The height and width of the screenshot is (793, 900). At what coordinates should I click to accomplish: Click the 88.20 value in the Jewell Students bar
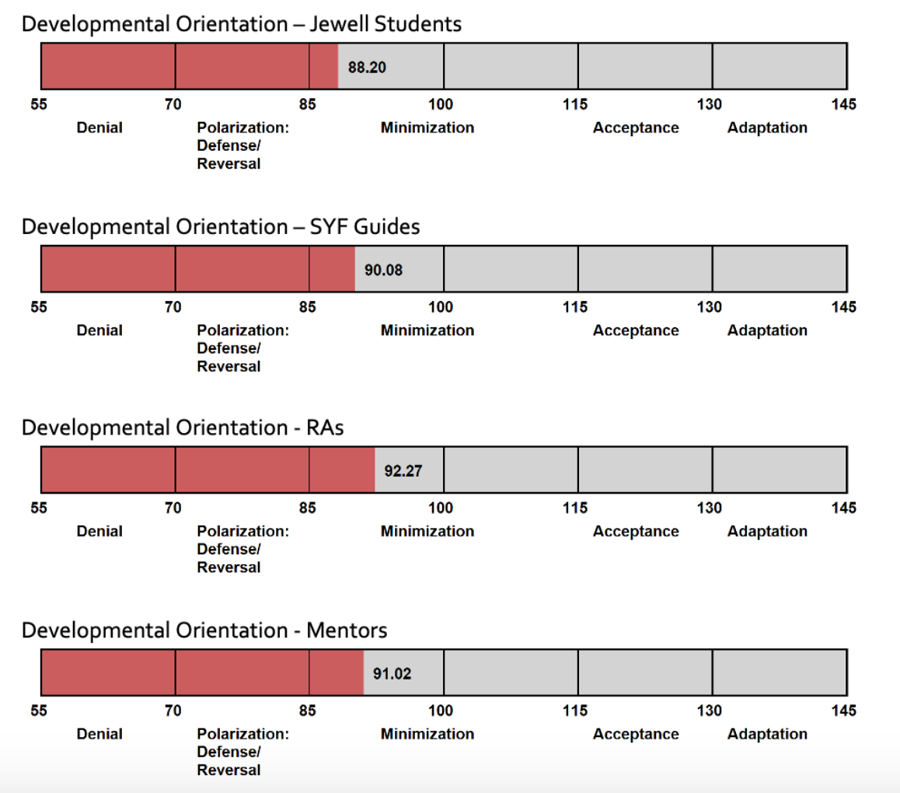click(367, 67)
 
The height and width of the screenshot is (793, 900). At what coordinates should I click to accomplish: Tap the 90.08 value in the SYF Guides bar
click(383, 270)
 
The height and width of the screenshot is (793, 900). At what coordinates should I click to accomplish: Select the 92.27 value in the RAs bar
click(403, 470)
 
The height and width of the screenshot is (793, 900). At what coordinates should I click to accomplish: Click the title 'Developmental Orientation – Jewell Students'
click(241, 24)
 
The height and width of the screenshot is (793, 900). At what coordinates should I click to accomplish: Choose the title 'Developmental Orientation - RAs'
click(182, 428)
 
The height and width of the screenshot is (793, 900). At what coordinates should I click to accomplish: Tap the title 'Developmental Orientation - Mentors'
click(204, 630)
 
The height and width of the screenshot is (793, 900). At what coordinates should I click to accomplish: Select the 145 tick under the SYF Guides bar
click(843, 307)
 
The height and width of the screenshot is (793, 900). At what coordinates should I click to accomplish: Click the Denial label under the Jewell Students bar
click(99, 128)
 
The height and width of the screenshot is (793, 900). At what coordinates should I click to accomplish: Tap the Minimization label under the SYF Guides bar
click(427, 330)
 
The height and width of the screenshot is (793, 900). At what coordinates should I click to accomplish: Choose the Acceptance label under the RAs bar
click(635, 532)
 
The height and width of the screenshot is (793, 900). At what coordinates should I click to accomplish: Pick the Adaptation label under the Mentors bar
click(767, 734)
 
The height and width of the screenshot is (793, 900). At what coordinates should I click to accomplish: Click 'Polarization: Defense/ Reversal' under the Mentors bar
click(242, 752)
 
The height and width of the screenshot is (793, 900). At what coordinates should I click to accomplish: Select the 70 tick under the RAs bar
click(173, 508)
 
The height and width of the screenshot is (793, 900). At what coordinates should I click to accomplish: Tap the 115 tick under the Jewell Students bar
click(575, 105)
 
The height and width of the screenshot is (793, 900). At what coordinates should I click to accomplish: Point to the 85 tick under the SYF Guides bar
click(307, 307)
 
